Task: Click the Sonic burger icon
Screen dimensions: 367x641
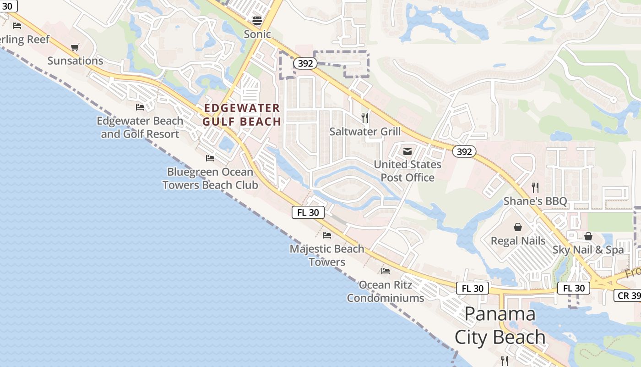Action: point(257,21)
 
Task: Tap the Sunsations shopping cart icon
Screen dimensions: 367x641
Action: point(75,47)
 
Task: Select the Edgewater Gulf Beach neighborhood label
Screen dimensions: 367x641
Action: point(242,115)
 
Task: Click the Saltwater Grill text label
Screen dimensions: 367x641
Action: point(365,132)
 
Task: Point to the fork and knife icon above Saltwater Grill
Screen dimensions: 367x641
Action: point(365,118)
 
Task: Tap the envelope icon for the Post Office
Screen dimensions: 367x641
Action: point(407,151)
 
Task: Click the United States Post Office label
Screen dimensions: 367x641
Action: point(407,171)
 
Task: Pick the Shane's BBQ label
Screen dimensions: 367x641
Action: point(535,201)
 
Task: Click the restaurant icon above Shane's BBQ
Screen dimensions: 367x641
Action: point(535,187)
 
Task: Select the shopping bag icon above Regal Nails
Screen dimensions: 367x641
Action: point(518,227)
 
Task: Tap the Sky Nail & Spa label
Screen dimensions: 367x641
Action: point(588,250)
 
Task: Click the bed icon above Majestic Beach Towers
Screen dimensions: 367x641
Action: point(327,235)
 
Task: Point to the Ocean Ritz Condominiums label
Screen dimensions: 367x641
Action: point(386,291)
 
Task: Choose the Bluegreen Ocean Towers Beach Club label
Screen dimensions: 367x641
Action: point(210,178)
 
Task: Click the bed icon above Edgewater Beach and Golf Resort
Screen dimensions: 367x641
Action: point(140,107)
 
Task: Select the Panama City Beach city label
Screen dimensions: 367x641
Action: point(500,325)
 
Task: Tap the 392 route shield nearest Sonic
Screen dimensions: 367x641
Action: point(305,63)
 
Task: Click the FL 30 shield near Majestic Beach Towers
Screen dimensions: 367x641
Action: point(308,212)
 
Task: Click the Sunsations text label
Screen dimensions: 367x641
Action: point(76,61)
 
